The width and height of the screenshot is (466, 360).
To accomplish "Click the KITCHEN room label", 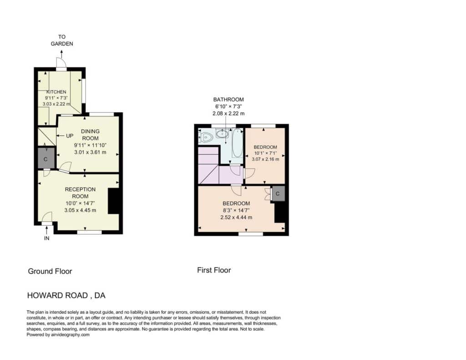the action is coord(56,92).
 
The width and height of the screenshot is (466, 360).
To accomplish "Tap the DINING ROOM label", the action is coord(91,135).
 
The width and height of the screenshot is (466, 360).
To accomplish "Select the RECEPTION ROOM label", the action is coord(80,193).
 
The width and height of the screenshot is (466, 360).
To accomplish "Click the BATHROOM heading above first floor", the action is coord(228,100).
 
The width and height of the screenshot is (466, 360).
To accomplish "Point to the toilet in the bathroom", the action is coord(206,137).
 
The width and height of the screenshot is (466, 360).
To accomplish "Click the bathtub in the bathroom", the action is coord(238,143).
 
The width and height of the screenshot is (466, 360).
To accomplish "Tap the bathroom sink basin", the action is coord(222,134).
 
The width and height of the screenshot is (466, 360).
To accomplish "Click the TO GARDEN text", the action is coord(62,40).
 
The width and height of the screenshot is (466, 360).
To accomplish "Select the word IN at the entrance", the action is coord(47,238).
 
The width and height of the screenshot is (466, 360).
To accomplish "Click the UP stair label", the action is coord(70,136).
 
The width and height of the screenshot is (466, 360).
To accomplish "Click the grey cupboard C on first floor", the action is coord(278,193).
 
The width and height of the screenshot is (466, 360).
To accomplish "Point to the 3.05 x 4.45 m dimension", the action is coord(80,210).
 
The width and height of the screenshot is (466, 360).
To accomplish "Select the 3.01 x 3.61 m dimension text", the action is coord(91,152).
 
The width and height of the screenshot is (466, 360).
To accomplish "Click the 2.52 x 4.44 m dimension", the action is coord(236,217).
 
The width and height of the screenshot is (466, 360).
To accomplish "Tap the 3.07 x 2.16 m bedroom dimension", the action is coord(265,159).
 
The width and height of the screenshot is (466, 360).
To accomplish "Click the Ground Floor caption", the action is coord(50,271).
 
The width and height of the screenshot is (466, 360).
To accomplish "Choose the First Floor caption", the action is coord(214,270).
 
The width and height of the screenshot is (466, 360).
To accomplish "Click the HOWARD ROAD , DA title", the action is coord(66,295).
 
